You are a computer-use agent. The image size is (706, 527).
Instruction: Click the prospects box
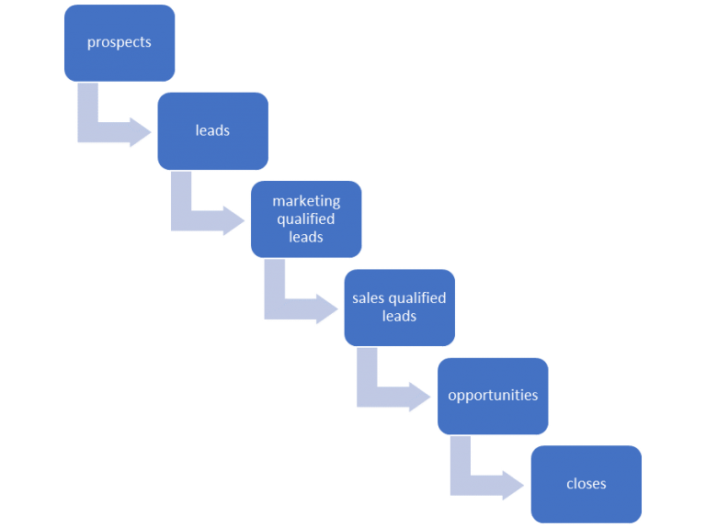(x=120, y=42)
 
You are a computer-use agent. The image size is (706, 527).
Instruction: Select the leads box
(x=212, y=130)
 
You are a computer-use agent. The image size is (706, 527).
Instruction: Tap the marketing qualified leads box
(x=306, y=219)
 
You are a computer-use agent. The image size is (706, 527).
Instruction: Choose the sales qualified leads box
(x=399, y=307)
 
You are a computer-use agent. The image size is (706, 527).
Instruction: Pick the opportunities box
(x=493, y=395)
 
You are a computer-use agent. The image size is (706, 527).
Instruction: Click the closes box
(x=586, y=484)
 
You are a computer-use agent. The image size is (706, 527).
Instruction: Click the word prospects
(x=120, y=42)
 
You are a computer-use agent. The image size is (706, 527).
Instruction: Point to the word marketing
(x=306, y=201)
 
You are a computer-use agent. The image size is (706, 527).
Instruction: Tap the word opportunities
(x=493, y=395)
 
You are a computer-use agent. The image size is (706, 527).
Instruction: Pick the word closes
(x=586, y=484)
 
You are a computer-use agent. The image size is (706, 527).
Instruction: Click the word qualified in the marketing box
(x=306, y=219)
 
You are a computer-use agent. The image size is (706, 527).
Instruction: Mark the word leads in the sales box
(x=399, y=316)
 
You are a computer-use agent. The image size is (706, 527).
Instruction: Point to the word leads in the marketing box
(x=306, y=236)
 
